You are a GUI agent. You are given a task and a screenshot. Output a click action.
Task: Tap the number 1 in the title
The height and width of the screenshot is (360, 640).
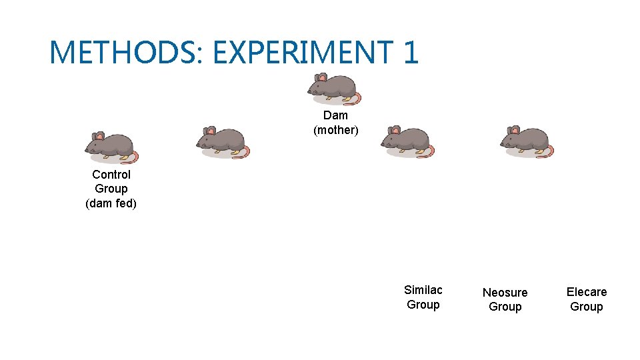tap(409, 52)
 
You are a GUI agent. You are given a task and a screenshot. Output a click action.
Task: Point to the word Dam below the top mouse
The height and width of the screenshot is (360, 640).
tap(335, 115)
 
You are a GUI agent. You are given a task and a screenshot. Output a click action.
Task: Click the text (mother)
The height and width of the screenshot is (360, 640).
tap(335, 130)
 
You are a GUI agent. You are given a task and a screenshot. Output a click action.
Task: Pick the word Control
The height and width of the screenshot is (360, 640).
tap(111, 175)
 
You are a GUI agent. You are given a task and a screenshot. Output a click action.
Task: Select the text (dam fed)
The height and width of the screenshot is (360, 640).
tap(111, 203)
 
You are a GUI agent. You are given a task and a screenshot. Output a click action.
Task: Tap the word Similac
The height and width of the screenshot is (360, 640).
tap(423, 290)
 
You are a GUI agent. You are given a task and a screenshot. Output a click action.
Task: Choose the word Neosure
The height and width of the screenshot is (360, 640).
tap(505, 293)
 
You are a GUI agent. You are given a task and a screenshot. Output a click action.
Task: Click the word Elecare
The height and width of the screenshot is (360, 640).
tap(586, 292)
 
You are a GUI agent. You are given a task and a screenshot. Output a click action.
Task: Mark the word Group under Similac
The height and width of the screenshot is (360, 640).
tap(423, 305)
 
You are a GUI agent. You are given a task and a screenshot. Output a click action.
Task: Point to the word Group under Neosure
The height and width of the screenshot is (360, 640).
tap(505, 307)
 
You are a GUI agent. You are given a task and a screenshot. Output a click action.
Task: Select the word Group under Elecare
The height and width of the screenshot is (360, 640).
tap(586, 307)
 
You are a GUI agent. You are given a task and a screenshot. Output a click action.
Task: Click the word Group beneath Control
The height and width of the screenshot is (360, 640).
tap(111, 189)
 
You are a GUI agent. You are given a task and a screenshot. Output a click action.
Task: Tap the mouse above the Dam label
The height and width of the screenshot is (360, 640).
tap(333, 89)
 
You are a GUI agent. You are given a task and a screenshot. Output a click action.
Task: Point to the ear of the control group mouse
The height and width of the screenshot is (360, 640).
tap(99, 136)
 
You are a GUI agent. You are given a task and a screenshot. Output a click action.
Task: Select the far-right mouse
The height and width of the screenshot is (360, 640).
tap(526, 141)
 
